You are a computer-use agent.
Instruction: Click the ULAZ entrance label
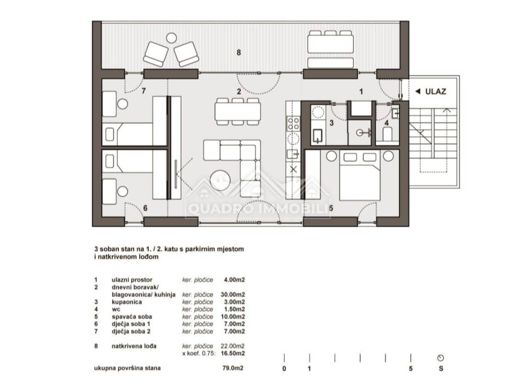[435, 92]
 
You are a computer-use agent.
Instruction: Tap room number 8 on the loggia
[238, 52]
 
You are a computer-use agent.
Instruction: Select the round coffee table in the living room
[220, 180]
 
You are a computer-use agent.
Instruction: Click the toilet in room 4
[388, 134]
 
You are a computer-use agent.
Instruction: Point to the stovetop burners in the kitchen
[293, 123]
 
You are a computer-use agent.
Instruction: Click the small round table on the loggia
[171, 38]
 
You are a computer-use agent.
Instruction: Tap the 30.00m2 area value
[233, 294]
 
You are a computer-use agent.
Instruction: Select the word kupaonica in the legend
[126, 302]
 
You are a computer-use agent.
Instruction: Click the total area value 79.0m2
[233, 368]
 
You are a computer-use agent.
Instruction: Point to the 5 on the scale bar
[411, 368]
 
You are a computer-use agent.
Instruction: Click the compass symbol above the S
[440, 358]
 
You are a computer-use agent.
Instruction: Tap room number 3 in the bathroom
[332, 123]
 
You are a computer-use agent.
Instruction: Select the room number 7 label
[144, 91]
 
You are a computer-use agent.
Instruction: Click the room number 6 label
[145, 208]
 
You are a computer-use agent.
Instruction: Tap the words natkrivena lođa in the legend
[134, 346]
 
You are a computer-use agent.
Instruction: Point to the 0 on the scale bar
[284, 368]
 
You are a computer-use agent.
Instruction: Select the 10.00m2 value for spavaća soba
[233, 317]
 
